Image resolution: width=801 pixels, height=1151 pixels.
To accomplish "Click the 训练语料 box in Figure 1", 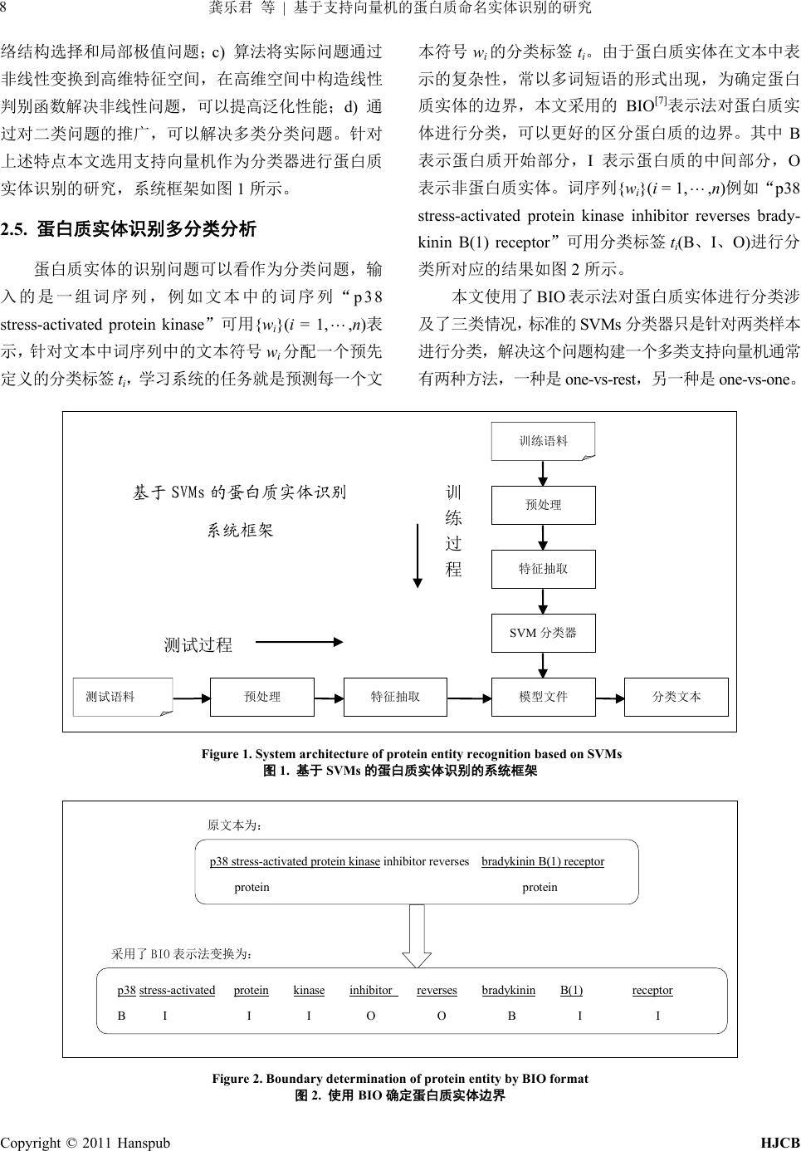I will [544, 441].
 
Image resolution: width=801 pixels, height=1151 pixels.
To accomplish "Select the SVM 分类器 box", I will [543, 633].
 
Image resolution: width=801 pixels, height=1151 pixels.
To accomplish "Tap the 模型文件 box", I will [544, 697].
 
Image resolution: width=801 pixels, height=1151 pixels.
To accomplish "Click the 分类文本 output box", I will [676, 697].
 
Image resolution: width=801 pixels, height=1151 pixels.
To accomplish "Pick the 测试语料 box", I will [121, 697].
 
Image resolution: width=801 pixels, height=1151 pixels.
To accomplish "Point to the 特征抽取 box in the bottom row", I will [395, 697].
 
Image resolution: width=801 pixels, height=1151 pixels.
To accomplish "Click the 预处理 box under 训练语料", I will [544, 505].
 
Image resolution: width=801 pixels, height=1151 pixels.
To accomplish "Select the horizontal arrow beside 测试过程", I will [299, 641].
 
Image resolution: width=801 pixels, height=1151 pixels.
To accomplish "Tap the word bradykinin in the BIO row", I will [508, 990].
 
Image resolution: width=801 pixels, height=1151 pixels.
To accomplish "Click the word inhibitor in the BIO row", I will [371, 990].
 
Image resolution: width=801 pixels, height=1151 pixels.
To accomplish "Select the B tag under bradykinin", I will [511, 1016].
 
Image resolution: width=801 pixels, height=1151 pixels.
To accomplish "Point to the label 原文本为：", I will [235, 825].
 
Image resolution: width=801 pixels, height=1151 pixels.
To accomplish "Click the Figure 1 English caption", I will [411, 754].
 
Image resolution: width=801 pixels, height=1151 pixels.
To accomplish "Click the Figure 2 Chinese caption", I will [400, 1095].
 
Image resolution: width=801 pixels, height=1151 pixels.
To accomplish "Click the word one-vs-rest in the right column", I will [597, 379].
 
